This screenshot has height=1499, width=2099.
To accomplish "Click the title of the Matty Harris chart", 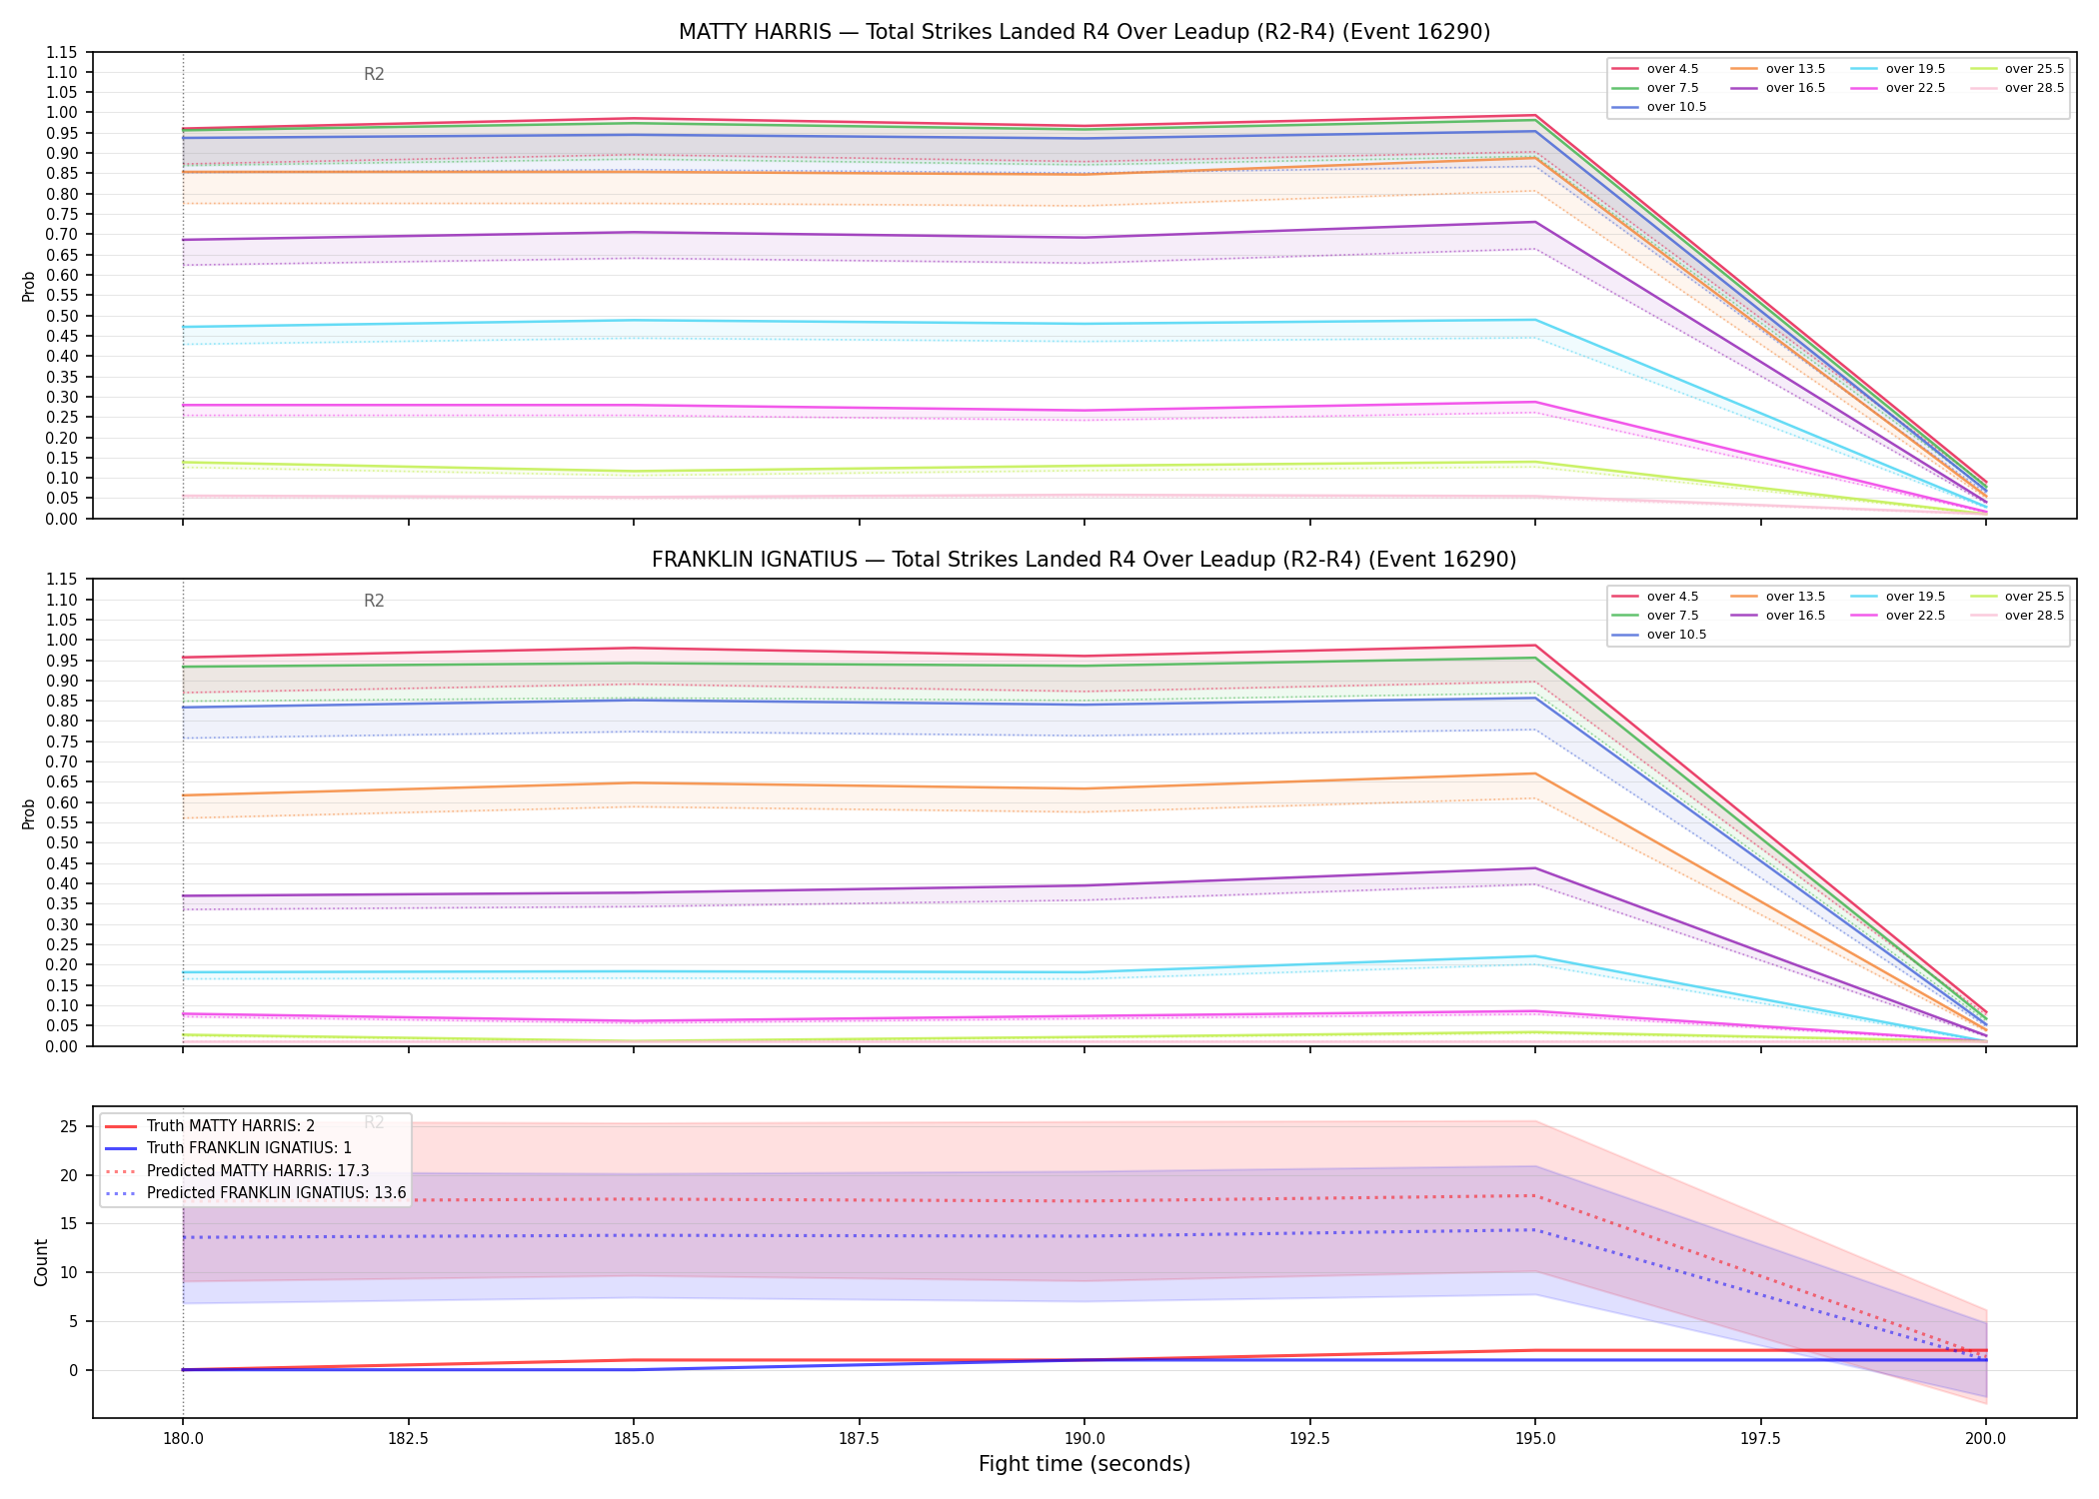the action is (1084, 32).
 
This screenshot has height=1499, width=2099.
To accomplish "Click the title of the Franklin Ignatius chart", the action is (1084, 560).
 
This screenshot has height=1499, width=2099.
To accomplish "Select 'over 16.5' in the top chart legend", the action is (1795, 88).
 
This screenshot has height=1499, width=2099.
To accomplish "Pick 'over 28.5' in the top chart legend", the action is (2034, 88).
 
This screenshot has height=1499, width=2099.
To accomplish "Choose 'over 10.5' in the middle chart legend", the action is (1676, 635).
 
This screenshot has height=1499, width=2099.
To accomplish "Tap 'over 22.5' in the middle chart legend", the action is (1915, 616).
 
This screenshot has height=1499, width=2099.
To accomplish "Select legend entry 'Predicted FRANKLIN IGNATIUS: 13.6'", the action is (277, 1193).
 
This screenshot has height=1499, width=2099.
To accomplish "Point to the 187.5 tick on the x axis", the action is (859, 1439).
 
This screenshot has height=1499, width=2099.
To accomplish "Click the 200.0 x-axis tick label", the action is (1985, 1439).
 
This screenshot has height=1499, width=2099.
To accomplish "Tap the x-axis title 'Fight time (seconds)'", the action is (1084, 1464).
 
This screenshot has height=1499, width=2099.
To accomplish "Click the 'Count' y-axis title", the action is (41, 1262).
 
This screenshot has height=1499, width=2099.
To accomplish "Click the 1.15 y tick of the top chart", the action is (62, 52).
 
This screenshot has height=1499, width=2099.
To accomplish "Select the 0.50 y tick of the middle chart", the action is (62, 842).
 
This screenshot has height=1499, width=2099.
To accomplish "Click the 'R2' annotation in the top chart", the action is (374, 74).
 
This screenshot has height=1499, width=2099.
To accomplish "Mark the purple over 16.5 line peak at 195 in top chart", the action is (1535, 222).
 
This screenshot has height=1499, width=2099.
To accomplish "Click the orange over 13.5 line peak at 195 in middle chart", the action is (1535, 773).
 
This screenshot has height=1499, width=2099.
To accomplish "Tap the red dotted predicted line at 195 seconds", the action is (1535, 1195).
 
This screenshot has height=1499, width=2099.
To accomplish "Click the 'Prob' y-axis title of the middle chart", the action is (29, 814).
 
